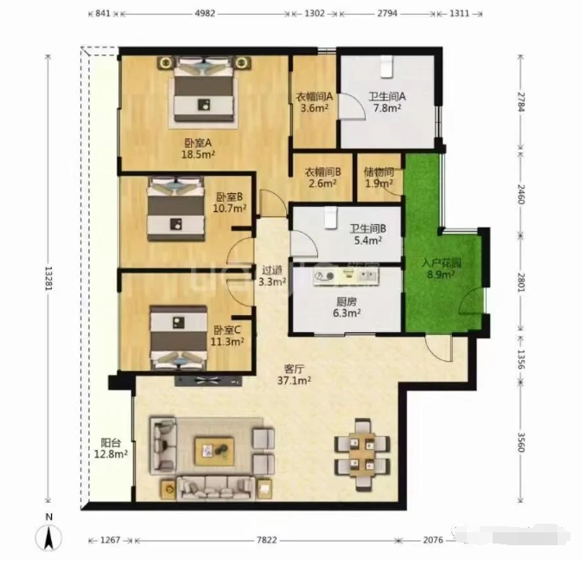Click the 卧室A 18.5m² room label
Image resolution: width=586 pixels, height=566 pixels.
tap(198, 149)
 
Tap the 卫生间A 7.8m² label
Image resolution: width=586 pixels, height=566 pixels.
tap(387, 102)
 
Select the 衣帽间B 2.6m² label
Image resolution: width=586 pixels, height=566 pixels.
tap(323, 177)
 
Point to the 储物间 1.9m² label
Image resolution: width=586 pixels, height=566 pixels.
tap(379, 177)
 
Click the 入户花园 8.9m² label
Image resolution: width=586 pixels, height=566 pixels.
tap(442, 269)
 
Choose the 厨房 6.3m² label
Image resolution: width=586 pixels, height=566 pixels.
tap(347, 307)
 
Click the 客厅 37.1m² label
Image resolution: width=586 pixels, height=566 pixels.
tap(295, 375)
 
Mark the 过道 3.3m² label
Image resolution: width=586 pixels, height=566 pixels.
tap(272, 276)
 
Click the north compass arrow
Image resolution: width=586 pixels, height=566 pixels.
tap(48, 537)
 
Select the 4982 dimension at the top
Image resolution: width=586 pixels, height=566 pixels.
tap(205, 14)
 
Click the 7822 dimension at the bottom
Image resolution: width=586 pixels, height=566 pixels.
tap(267, 540)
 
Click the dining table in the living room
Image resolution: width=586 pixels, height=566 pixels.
tap(362, 454)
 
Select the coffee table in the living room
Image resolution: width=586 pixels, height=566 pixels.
tap(214, 452)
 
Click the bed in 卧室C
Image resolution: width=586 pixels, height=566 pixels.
tap(179, 338)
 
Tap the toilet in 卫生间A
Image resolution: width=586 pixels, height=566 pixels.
tap(387, 67)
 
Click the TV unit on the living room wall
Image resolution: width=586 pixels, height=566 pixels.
tap(208, 381)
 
